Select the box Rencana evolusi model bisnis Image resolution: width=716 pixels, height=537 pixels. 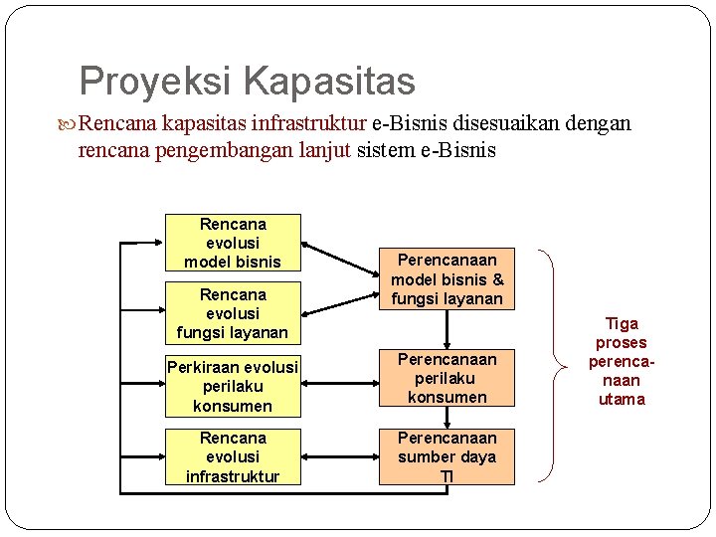point(233,243)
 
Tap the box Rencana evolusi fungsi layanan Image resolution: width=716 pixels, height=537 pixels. point(233,313)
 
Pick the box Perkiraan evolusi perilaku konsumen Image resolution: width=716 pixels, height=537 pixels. point(233,386)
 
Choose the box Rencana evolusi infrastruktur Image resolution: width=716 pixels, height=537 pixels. point(233,456)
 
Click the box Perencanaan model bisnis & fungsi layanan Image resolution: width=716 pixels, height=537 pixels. point(447,278)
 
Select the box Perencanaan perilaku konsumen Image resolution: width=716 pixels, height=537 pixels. point(447,378)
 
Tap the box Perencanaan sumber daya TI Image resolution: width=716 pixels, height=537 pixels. point(447,456)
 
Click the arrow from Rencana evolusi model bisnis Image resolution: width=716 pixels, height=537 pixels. point(339,255)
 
